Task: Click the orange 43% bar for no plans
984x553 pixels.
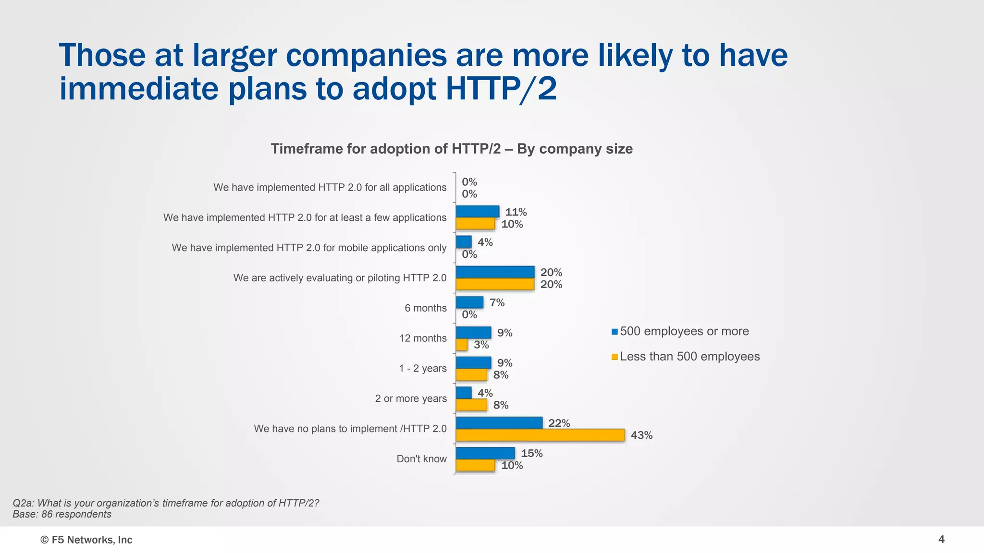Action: (x=540, y=435)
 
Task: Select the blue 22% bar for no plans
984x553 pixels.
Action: (x=499, y=423)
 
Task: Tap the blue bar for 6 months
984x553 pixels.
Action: (x=469, y=302)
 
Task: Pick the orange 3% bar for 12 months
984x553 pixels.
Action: (x=462, y=345)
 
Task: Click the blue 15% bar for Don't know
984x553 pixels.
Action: (x=485, y=453)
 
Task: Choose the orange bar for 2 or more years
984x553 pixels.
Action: (x=471, y=405)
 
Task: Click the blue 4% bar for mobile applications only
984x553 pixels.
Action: (x=464, y=242)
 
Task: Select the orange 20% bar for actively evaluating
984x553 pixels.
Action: (x=495, y=284)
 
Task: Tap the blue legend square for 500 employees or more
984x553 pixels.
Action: (x=615, y=332)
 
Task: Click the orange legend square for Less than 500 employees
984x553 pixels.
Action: (x=615, y=357)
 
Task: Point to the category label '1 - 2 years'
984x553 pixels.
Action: (x=422, y=368)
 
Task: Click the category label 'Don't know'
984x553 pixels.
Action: (x=421, y=459)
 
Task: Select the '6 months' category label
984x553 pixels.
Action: (x=425, y=308)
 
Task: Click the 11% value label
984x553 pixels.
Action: (x=516, y=212)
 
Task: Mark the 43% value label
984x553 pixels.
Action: (x=641, y=435)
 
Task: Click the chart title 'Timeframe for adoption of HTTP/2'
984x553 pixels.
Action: (x=451, y=149)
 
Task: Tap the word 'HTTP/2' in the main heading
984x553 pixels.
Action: (x=501, y=89)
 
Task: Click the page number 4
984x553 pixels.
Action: (x=941, y=540)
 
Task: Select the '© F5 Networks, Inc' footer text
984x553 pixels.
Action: (x=86, y=540)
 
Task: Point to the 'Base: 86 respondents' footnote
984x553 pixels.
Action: (x=62, y=515)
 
